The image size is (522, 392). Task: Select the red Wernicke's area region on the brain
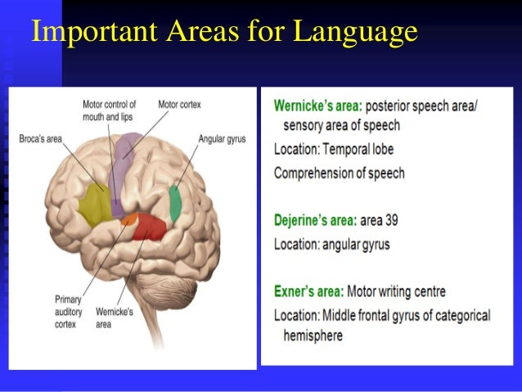(150, 224)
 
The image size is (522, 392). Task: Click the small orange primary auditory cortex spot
(129, 220)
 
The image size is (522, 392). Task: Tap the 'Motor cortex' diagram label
(179, 105)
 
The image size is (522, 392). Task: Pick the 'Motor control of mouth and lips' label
(109, 110)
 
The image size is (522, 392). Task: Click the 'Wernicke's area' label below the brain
(115, 318)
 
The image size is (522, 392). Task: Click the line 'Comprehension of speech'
(339, 173)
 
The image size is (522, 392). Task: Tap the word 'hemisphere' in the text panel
(313, 336)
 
